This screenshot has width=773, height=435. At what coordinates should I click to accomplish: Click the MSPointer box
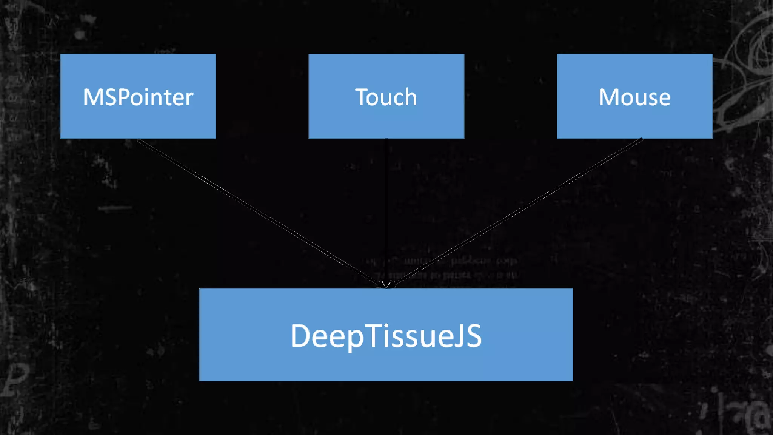click(138, 121)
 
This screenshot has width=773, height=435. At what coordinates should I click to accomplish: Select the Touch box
click(386, 121)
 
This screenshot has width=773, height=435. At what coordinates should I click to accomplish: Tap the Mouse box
click(634, 121)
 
